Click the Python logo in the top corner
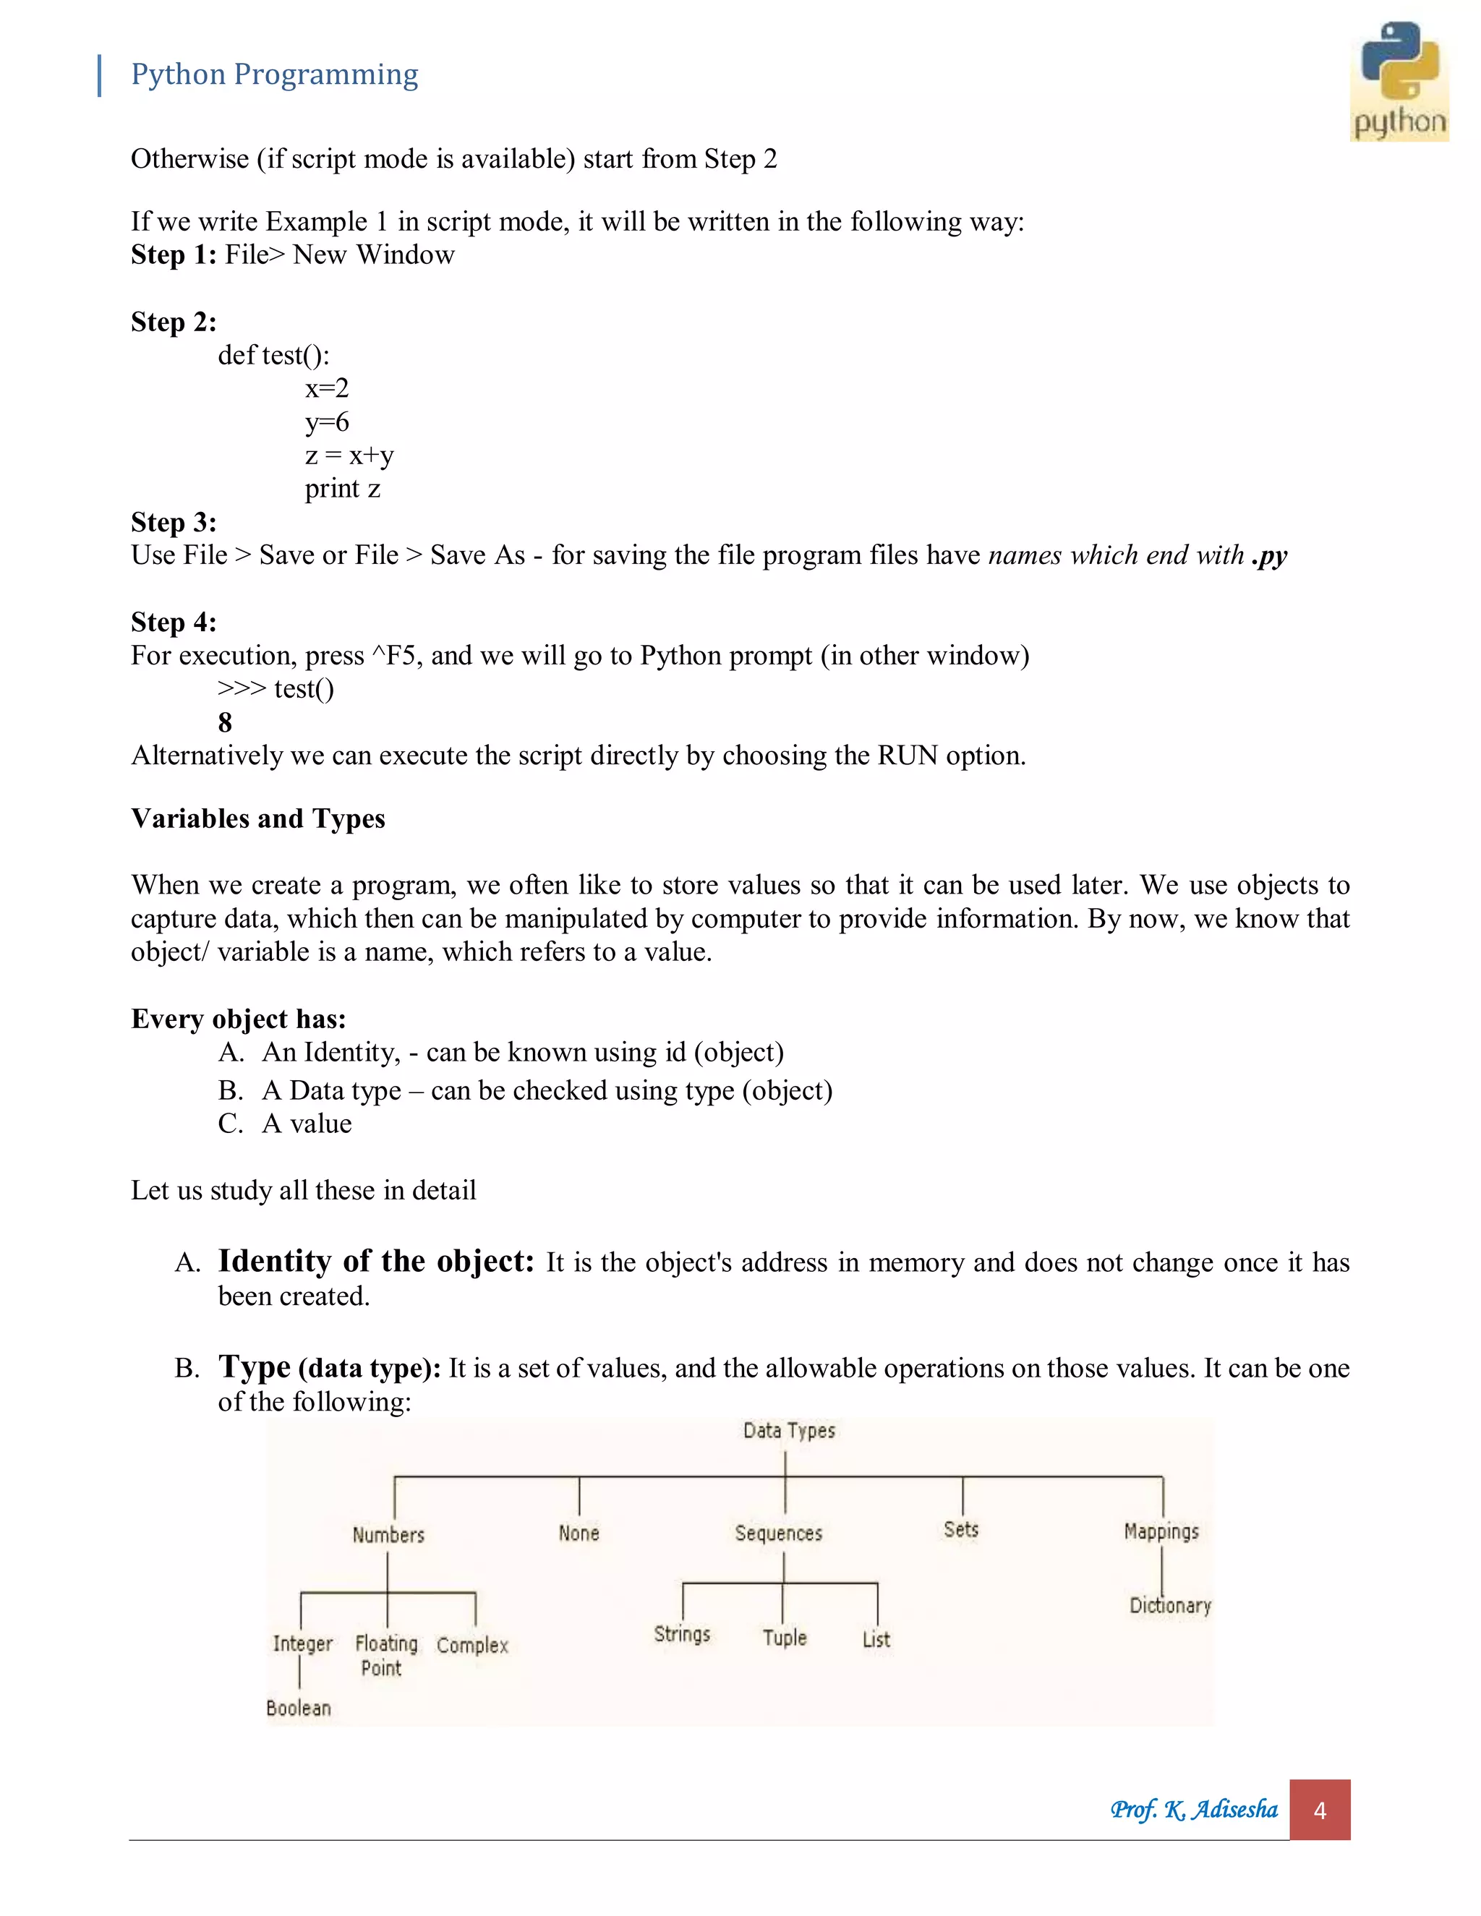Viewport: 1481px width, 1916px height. (x=1399, y=81)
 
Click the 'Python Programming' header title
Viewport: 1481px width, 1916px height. (x=274, y=74)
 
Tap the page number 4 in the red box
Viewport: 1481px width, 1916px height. (x=1319, y=1810)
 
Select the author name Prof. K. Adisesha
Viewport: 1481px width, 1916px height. (x=1193, y=1809)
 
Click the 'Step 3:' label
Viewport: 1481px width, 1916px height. (x=174, y=522)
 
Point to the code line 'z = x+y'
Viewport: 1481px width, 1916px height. (x=349, y=456)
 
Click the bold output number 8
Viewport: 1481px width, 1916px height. (x=225, y=722)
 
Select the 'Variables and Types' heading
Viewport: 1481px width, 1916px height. (x=258, y=818)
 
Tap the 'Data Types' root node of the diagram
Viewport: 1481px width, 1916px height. (x=789, y=1431)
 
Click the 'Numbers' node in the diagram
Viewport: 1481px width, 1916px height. (x=388, y=1534)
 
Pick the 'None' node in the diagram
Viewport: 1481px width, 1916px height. (x=579, y=1533)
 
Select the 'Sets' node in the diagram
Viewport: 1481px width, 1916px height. (x=961, y=1529)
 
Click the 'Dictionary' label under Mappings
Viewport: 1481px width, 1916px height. (x=1169, y=1605)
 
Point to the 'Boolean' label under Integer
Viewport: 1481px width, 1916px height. (x=299, y=1707)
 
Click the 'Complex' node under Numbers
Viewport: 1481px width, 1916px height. (x=472, y=1645)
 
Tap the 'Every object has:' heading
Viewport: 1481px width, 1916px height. (x=239, y=1019)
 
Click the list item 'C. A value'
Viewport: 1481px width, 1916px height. (x=285, y=1124)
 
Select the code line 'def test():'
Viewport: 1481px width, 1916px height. (x=274, y=355)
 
